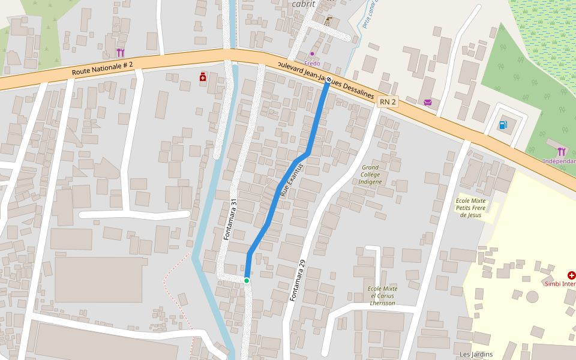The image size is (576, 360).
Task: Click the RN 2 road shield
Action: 388,102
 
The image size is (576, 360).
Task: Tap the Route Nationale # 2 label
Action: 102,68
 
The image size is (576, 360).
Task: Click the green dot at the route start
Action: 246,280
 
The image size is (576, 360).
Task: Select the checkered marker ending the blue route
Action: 328,79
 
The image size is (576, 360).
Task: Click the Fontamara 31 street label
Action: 231,220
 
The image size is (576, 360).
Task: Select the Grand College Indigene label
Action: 371,174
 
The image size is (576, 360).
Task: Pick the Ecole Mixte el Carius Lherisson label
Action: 383,296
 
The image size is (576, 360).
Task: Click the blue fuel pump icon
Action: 503,125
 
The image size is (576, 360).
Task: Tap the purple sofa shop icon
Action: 427,103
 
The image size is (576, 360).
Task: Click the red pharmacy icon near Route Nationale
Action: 203,77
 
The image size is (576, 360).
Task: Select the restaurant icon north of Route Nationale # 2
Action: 120,53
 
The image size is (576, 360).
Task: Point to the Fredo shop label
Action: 312,63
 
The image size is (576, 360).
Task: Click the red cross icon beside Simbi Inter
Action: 571,275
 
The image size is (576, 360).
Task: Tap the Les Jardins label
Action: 476,354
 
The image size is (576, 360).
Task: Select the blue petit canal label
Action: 370,13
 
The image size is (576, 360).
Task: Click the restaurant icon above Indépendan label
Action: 561,151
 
